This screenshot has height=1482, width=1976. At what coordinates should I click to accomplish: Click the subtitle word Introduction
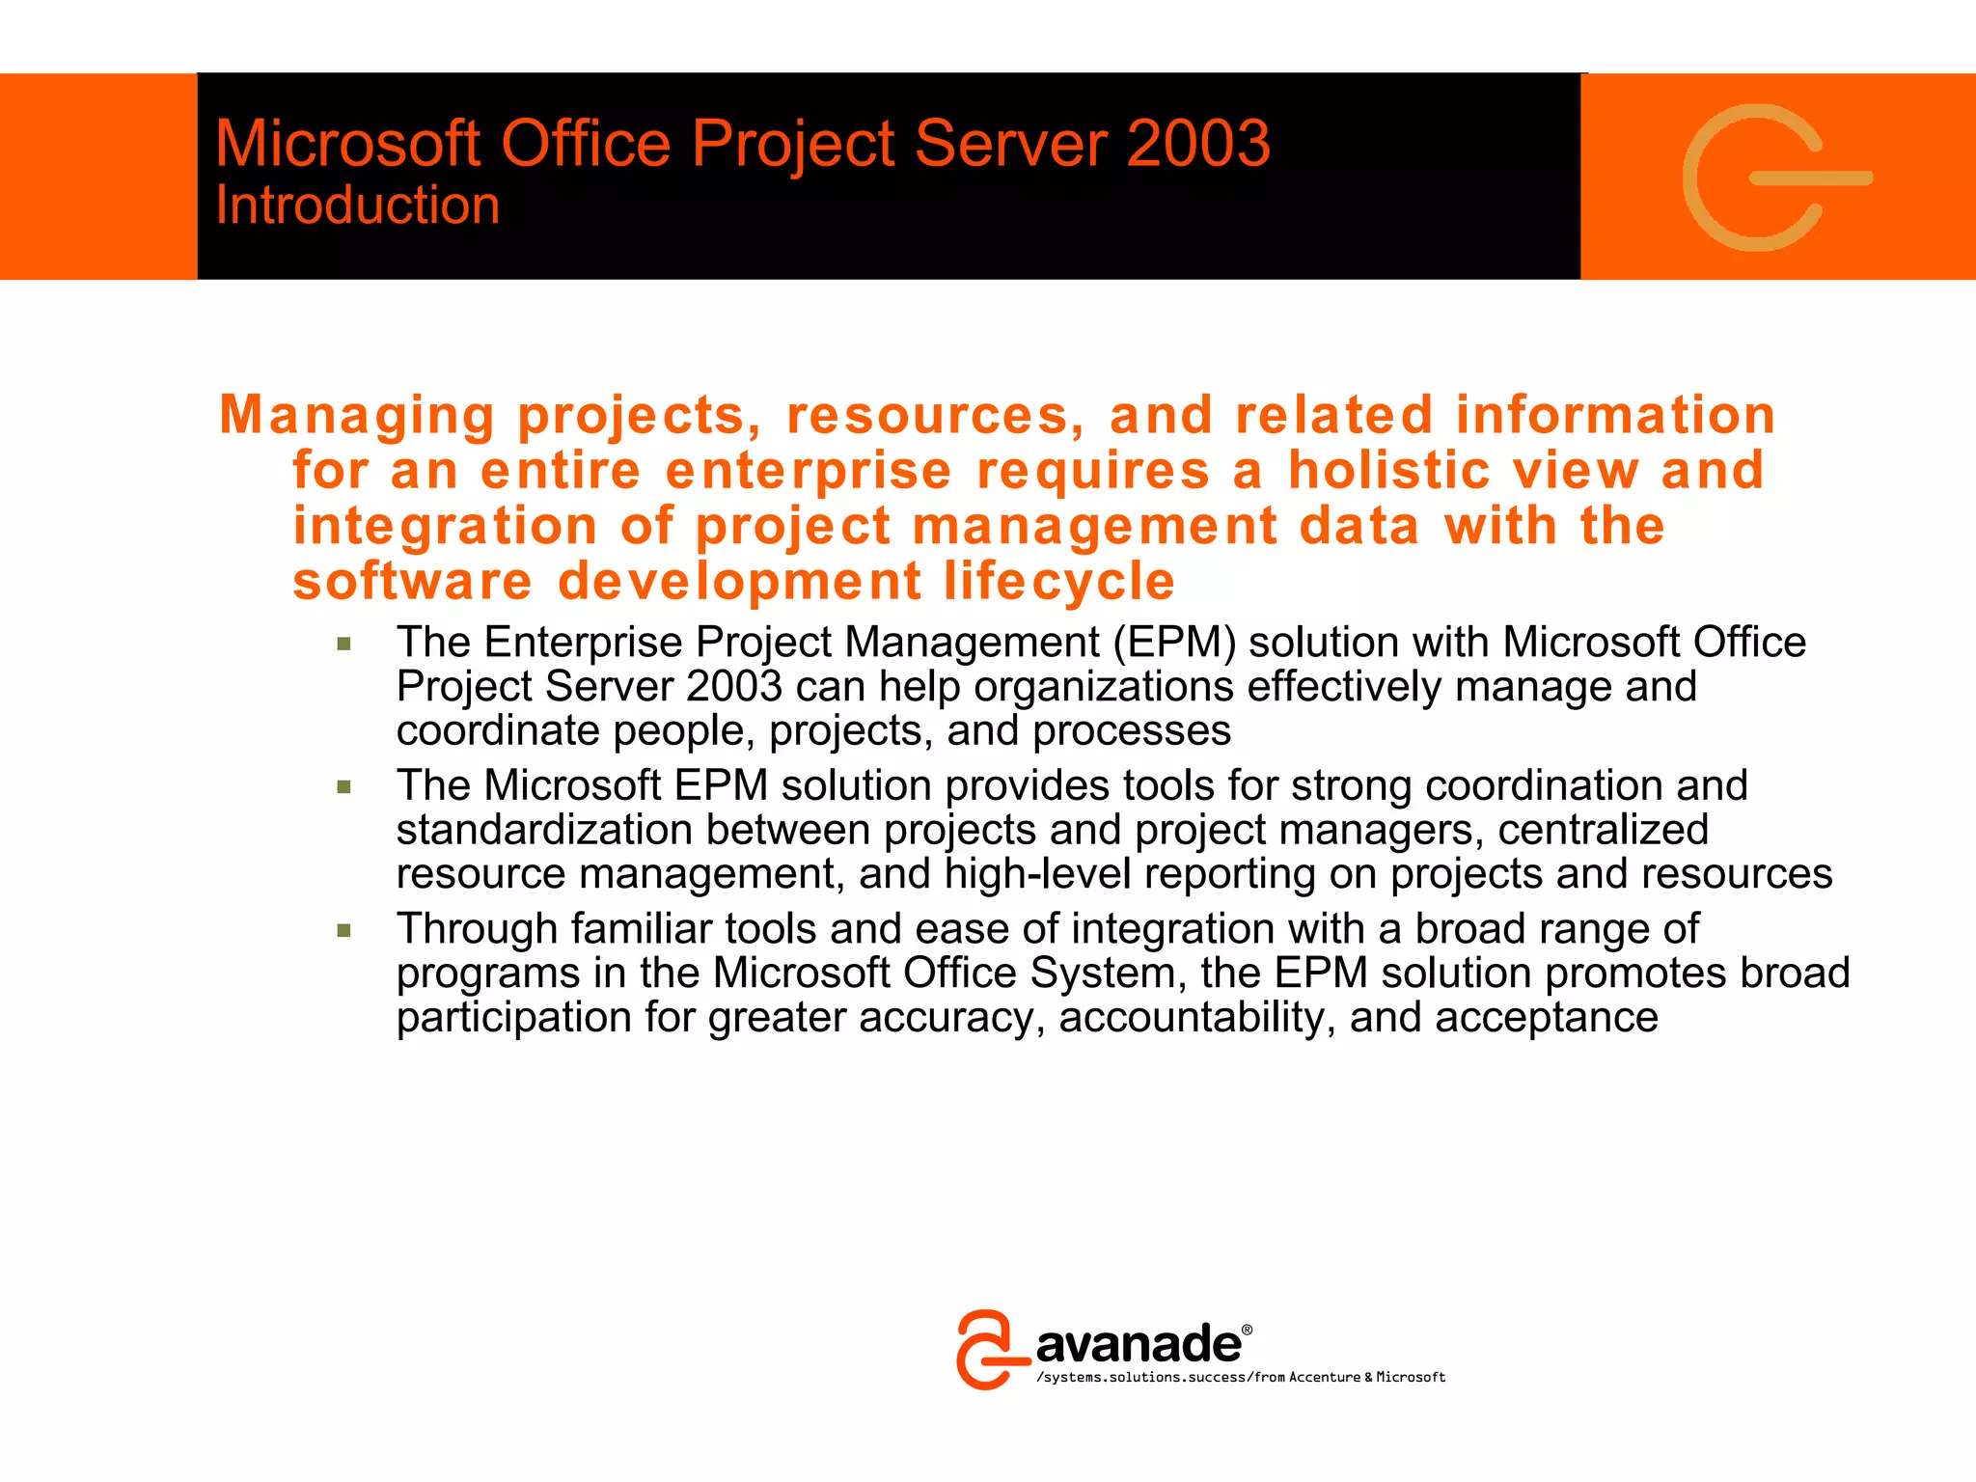pos(357,206)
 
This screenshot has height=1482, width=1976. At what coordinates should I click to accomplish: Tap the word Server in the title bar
pos(1010,144)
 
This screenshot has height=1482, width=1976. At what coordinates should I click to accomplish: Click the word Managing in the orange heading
pos(357,416)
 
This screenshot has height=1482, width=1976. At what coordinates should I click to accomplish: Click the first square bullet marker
pos(344,645)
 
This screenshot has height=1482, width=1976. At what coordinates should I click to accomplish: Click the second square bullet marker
pos(344,787)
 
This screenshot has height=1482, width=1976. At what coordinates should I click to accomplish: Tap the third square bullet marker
pos(344,931)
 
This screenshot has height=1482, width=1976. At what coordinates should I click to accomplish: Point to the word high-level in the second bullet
pos(1037,874)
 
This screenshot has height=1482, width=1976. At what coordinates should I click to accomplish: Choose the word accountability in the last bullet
pos(1196,1018)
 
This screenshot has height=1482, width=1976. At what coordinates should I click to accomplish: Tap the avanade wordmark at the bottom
pos(1139,1344)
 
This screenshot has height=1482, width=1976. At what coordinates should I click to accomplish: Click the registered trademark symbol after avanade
pos(1247,1330)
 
